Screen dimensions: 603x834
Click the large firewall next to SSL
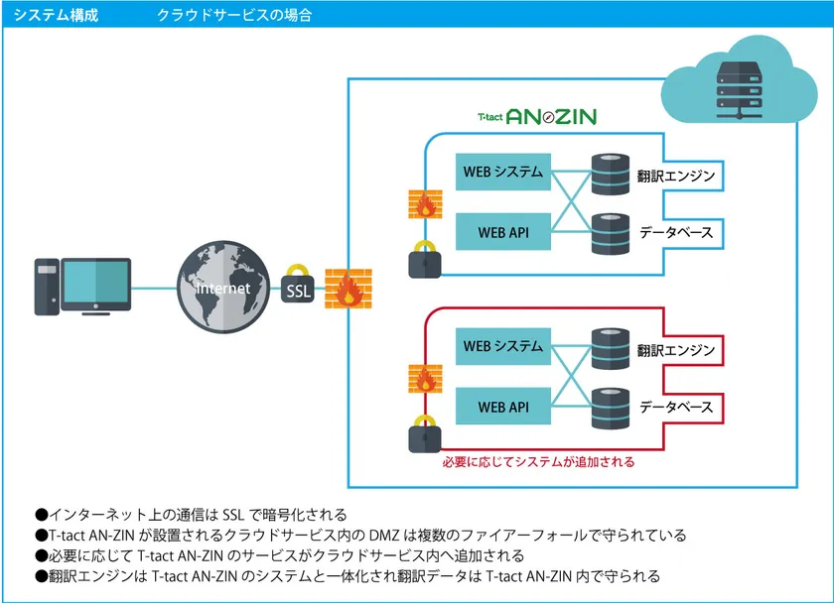point(347,287)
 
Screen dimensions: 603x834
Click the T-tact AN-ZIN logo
point(536,117)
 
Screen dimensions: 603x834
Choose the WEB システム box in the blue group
point(502,172)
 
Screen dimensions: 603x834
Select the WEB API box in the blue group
point(502,232)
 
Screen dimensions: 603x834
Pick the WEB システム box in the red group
point(502,346)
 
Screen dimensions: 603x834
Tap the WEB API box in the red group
point(502,407)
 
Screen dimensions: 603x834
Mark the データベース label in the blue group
point(676,233)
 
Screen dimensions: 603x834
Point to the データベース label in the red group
point(676,408)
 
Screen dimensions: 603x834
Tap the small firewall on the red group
point(425,378)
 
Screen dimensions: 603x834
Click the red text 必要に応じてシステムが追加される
point(537,462)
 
